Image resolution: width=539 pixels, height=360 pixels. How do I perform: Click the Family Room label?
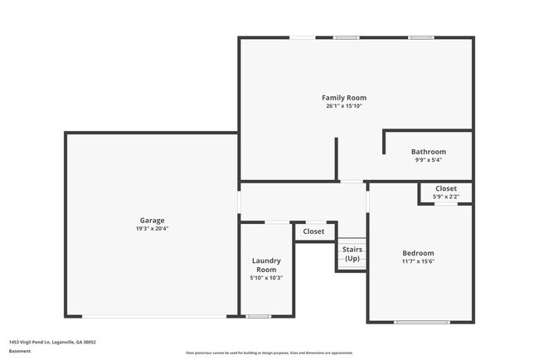pos(343,98)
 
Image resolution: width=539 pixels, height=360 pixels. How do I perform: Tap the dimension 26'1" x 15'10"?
pos(343,106)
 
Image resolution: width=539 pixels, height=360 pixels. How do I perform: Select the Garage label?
pos(152,221)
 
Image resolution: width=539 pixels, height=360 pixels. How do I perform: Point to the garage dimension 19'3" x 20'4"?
pos(152,229)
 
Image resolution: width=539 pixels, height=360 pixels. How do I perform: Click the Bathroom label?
pos(428,152)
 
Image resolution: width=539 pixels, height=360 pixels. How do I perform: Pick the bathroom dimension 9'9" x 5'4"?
pos(428,160)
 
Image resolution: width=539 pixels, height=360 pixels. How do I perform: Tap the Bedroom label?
pos(418,253)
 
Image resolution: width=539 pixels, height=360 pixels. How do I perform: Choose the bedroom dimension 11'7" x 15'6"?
pos(418,261)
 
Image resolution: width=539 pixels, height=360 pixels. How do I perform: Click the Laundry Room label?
pos(266,265)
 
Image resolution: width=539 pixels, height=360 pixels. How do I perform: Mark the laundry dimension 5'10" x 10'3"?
pos(266,278)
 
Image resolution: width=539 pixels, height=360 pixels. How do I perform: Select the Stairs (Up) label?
pos(352,253)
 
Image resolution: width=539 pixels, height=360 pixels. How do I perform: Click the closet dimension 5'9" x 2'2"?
pos(445,197)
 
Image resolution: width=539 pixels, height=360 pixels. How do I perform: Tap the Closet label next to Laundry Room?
pos(313,231)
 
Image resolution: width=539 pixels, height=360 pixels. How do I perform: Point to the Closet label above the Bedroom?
pos(445,189)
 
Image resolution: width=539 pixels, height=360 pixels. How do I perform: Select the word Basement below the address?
pos(20,351)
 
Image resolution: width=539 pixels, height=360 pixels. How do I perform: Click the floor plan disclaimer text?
pos(269,353)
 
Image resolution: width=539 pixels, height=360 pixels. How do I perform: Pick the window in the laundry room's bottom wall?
pos(259,316)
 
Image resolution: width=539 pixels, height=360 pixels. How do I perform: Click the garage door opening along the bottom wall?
pos(156,316)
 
